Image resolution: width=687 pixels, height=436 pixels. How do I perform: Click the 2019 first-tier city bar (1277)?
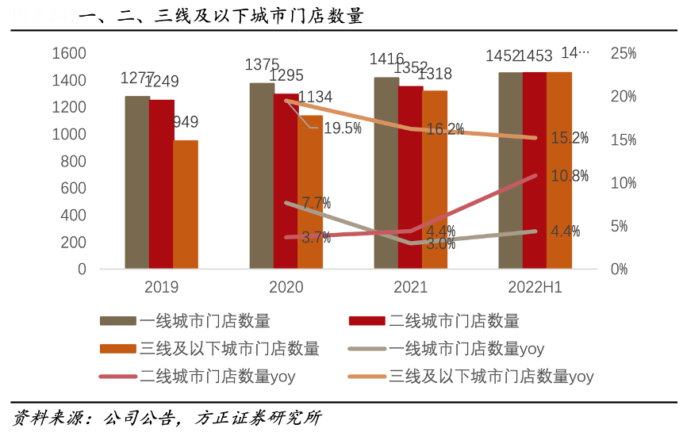[137, 182]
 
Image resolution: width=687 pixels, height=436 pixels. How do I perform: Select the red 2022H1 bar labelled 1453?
[535, 170]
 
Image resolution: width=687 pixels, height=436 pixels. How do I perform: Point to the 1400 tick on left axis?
[70, 81]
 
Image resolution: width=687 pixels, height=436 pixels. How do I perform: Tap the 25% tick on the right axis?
[623, 54]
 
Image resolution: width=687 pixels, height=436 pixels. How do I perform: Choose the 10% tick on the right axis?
[623, 183]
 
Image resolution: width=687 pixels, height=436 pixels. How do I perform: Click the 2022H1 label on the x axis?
[535, 288]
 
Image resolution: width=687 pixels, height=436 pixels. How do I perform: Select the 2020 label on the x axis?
[286, 288]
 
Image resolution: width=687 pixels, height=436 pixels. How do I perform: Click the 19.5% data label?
[343, 128]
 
